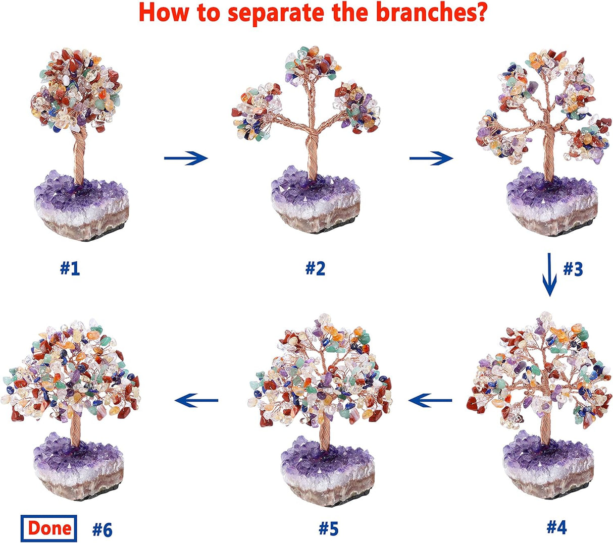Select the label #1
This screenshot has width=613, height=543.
(x=70, y=268)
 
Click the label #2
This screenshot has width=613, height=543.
(x=315, y=268)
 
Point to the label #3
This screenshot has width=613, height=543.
(x=573, y=269)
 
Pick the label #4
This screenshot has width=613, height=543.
(x=556, y=527)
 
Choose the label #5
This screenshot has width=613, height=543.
(x=328, y=528)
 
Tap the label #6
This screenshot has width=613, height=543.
(x=102, y=529)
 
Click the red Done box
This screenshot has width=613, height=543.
(x=49, y=528)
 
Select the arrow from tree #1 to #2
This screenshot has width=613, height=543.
(x=186, y=158)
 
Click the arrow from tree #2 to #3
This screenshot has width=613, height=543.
(x=431, y=159)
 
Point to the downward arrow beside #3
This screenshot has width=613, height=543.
(x=550, y=276)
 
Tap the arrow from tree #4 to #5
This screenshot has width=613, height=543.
(x=431, y=401)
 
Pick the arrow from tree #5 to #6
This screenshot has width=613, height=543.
(x=196, y=401)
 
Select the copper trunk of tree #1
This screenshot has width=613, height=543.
(x=79, y=156)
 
